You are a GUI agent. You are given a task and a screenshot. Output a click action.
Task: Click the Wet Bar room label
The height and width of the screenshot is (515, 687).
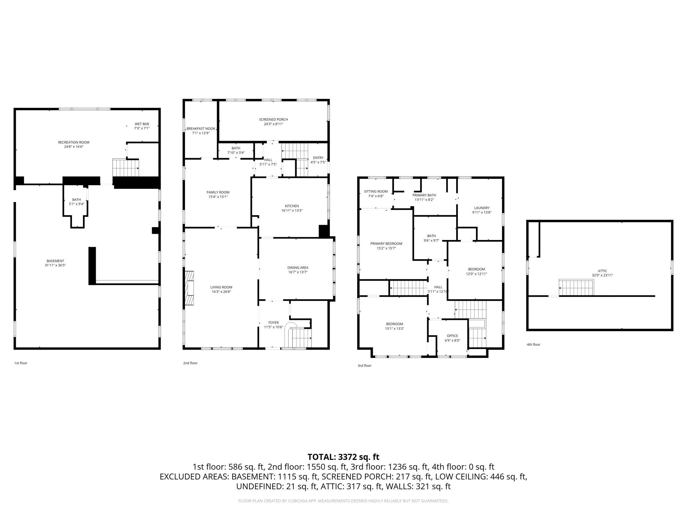click(x=142, y=124)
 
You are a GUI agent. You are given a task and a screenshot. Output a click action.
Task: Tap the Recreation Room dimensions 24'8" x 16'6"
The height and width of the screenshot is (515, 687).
click(x=74, y=147)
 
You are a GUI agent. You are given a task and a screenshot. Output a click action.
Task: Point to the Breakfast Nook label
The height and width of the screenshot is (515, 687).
click(x=201, y=129)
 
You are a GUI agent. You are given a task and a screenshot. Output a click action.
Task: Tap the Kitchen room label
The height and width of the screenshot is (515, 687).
click(x=292, y=206)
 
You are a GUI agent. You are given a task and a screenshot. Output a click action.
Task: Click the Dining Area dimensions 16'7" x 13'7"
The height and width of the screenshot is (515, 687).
click(x=298, y=272)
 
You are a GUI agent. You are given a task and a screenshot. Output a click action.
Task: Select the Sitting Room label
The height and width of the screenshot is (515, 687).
click(x=376, y=191)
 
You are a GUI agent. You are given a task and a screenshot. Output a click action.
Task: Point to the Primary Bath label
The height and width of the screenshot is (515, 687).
click(x=424, y=195)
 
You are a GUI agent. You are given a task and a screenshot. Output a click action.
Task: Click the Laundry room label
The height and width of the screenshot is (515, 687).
click(x=482, y=208)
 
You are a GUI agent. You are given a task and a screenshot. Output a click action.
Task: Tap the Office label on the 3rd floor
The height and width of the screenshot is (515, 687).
click(x=452, y=336)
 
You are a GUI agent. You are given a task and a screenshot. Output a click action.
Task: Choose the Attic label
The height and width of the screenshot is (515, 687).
click(x=602, y=271)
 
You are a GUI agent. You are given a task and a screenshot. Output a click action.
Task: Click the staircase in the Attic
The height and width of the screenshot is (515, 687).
click(x=576, y=287)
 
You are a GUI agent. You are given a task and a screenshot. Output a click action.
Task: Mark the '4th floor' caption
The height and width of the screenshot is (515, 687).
click(x=533, y=345)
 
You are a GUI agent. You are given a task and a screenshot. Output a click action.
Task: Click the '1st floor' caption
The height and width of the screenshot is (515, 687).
click(x=20, y=363)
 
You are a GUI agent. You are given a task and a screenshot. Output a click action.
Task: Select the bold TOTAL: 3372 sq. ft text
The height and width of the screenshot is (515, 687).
click(x=343, y=457)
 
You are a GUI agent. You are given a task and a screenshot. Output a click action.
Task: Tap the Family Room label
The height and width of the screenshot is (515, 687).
click(x=218, y=192)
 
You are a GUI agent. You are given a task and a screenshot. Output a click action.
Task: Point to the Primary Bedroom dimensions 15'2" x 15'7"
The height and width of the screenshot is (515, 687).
click(x=386, y=248)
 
